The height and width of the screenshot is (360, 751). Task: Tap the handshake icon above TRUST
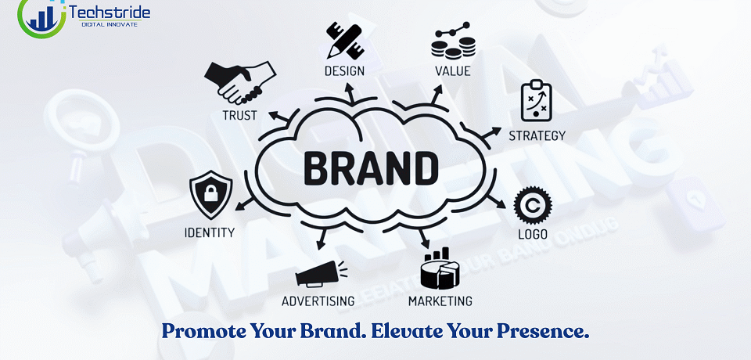click(x=239, y=81)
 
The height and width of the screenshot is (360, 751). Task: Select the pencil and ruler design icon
click(x=344, y=40)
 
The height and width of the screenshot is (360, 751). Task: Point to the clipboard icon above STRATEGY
click(x=537, y=99)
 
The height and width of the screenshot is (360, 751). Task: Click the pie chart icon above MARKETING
click(x=440, y=268)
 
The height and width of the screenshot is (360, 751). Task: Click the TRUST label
click(x=240, y=117)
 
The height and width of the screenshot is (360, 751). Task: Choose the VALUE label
click(x=453, y=72)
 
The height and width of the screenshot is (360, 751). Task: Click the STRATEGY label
click(x=537, y=135)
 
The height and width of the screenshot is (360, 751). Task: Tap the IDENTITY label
click(x=209, y=232)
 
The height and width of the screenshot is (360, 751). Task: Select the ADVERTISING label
click(x=318, y=301)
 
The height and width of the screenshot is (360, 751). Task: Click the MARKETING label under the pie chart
click(x=440, y=301)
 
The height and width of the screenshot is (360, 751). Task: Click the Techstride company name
click(x=110, y=13)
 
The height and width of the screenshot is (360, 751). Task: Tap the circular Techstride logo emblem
click(x=41, y=16)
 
